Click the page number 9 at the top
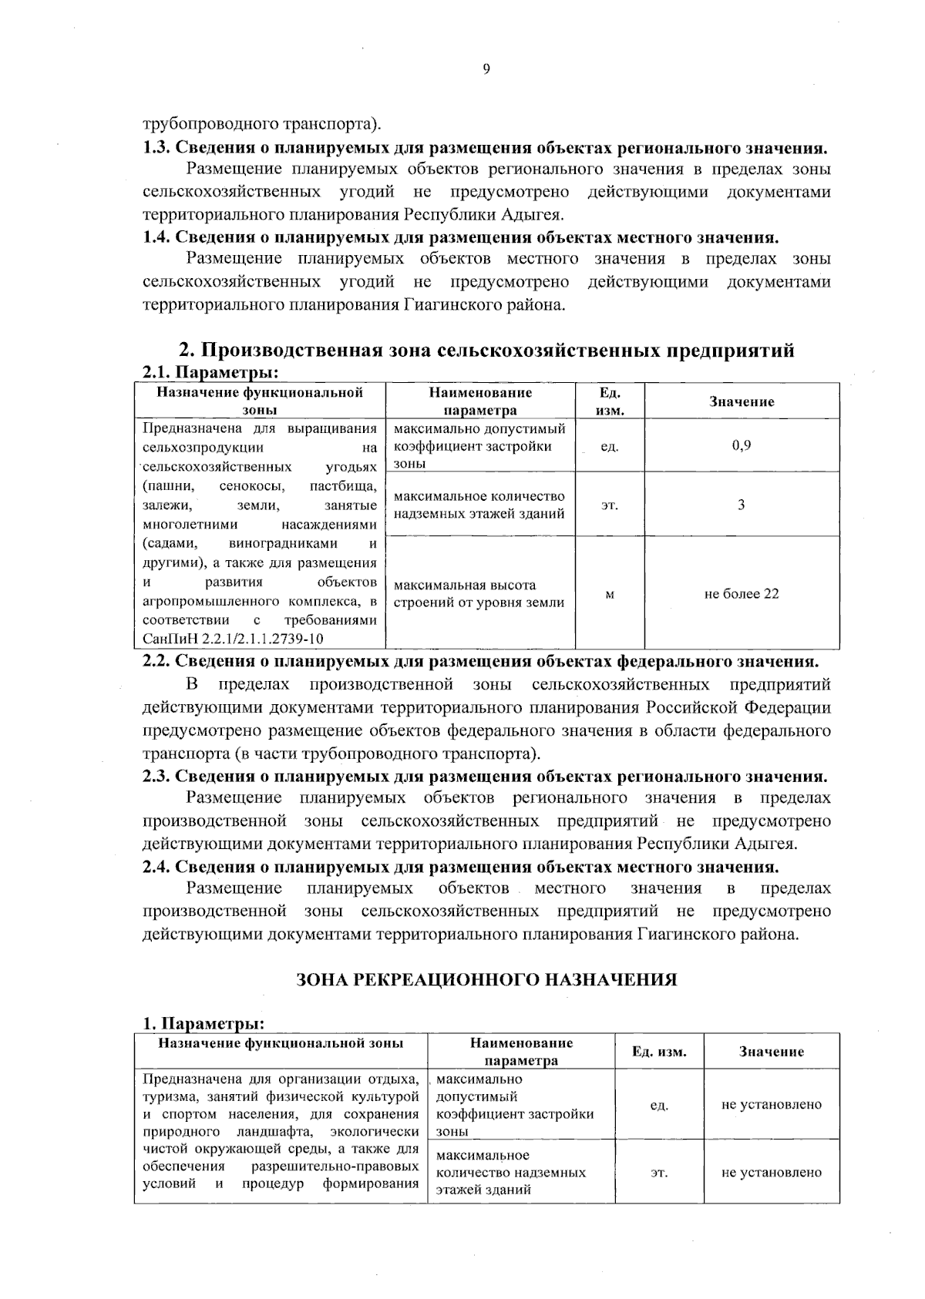pyautogui.click(x=486, y=70)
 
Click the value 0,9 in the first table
pyautogui.click(x=741, y=445)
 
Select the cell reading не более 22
pyautogui.click(x=741, y=593)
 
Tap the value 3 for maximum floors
pyautogui.click(x=741, y=505)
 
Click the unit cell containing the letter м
pyautogui.click(x=610, y=593)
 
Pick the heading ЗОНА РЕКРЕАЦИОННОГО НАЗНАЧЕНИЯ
pyautogui.click(x=486, y=979)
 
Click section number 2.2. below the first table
pyautogui.click(x=158, y=661)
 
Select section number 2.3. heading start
pyautogui.click(x=158, y=776)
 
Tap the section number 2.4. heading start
pyautogui.click(x=158, y=866)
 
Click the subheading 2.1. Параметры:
pyautogui.click(x=210, y=372)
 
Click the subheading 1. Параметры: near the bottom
pyautogui.click(x=203, y=1024)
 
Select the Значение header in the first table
pyautogui.click(x=741, y=401)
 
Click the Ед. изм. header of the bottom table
pyautogui.click(x=658, y=1052)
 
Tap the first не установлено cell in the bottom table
pyautogui.click(x=771, y=1105)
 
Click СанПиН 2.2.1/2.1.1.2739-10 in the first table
pyautogui.click(x=233, y=639)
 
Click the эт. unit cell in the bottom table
pyautogui.click(x=658, y=1172)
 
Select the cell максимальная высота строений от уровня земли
pyautogui.click(x=479, y=593)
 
